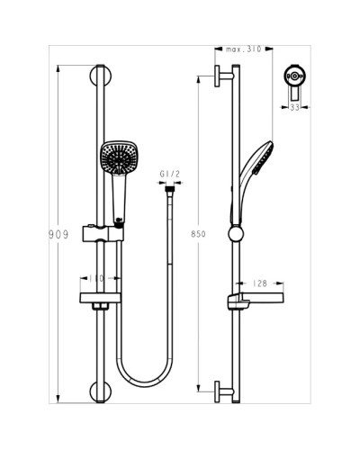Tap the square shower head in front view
pyautogui.click(x=118, y=159)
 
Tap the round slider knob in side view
pyautogui.click(x=236, y=236)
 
